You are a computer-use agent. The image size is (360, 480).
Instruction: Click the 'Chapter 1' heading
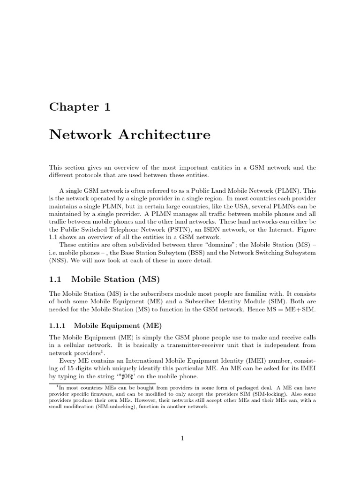80,107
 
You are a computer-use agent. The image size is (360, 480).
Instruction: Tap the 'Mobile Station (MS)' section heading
115,279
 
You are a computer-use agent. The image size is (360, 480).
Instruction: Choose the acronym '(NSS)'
58,261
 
